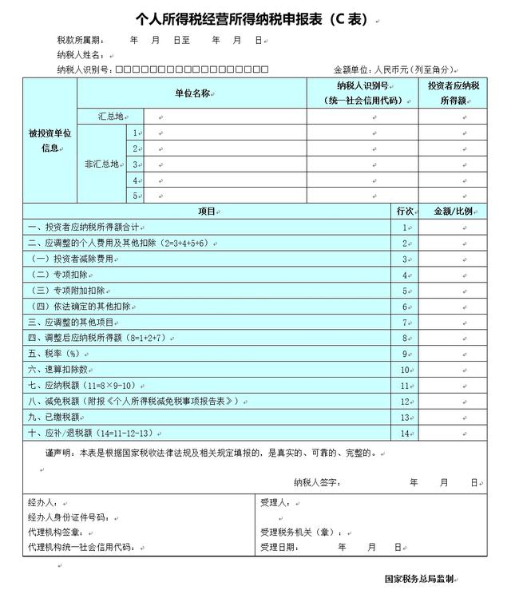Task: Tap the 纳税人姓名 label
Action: pos(81,55)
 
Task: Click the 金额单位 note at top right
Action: pos(394,69)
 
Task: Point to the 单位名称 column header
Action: pos(192,93)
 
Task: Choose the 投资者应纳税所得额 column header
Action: pos(453,93)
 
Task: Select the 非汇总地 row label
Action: pos(104,164)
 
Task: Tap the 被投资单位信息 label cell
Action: pos(50,141)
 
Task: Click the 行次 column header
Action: pos(404,212)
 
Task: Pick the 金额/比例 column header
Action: pos(453,212)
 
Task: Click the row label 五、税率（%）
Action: pos(53,354)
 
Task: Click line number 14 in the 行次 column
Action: pos(404,434)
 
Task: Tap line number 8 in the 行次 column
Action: pos(405,339)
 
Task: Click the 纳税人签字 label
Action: pos(317,482)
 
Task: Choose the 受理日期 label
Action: pos(279,548)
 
